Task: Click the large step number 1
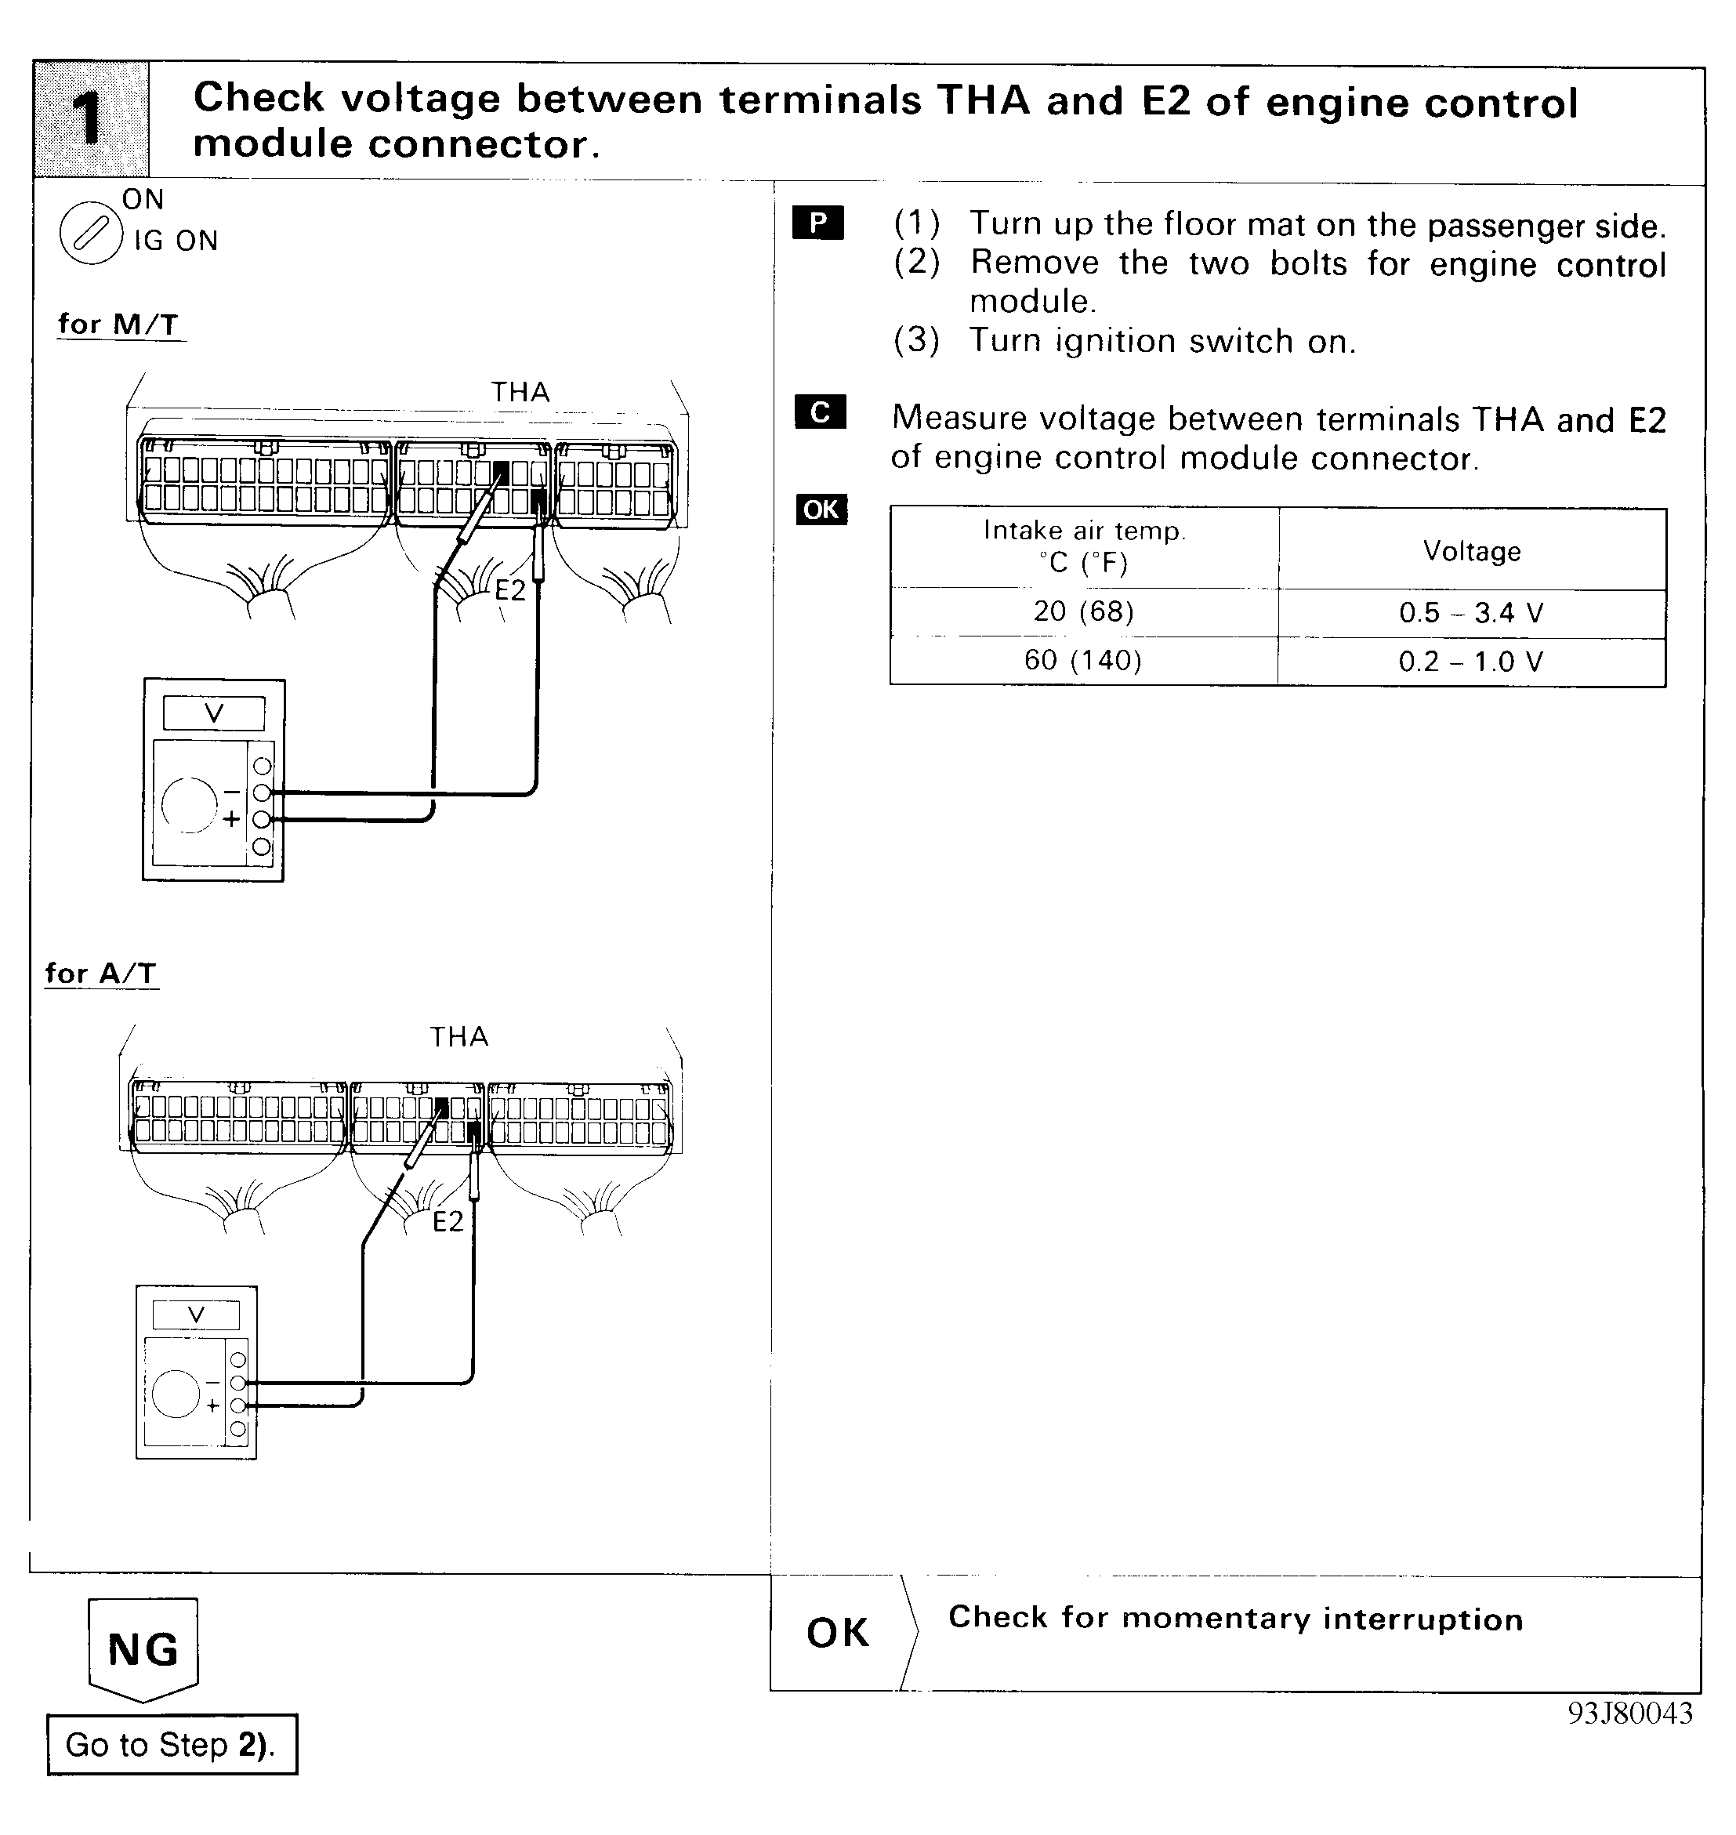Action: click(90, 120)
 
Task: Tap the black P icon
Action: click(818, 223)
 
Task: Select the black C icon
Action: click(820, 412)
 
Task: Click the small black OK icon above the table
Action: click(821, 510)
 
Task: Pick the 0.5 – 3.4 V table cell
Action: click(1471, 613)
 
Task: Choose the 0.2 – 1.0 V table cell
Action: click(1471, 661)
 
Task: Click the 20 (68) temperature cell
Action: click(1084, 611)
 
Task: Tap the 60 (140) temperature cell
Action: click(1084, 660)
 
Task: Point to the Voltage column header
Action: click(1471, 552)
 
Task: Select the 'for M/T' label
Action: click(118, 325)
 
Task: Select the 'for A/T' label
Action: click(101, 974)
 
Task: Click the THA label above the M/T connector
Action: click(520, 393)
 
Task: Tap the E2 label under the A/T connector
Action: click(448, 1222)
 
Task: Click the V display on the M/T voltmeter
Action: click(214, 713)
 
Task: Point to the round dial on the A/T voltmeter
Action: click(176, 1394)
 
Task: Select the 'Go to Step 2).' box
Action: click(172, 1744)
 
